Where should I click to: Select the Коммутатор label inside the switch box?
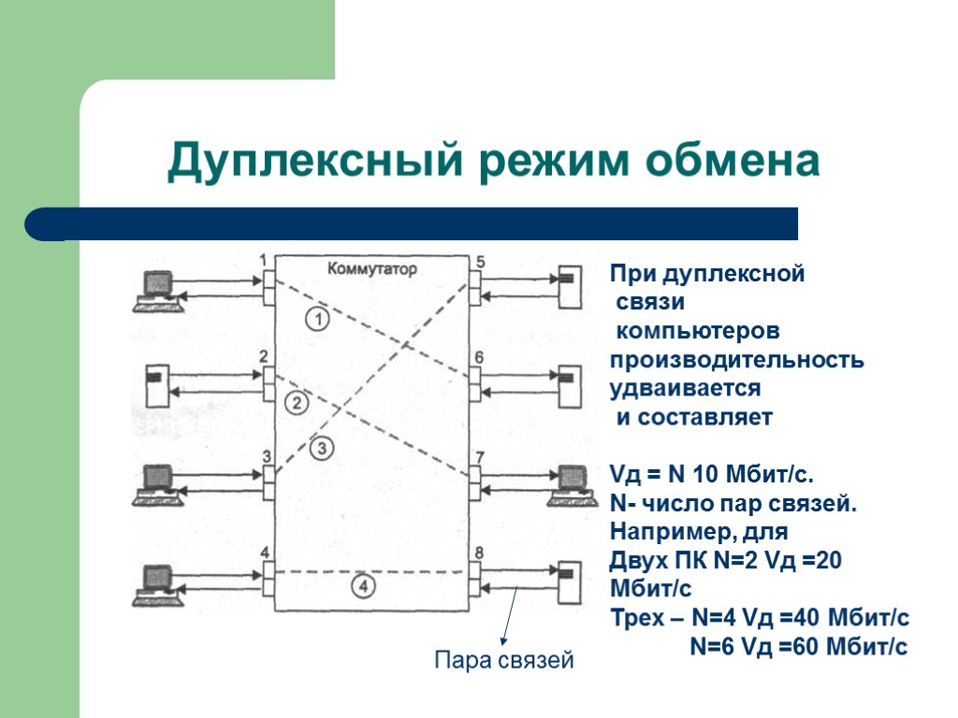(372, 268)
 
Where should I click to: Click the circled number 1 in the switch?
(318, 320)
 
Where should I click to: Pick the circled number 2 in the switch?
(296, 404)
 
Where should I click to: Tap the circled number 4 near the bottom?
(364, 586)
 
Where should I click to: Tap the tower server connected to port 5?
(566, 288)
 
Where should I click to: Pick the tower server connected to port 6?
(566, 384)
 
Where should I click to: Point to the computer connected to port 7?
(567, 483)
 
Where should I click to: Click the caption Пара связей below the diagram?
(504, 662)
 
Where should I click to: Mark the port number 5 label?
(479, 263)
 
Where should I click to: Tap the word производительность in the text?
(737, 360)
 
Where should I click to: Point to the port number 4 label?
(266, 552)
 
